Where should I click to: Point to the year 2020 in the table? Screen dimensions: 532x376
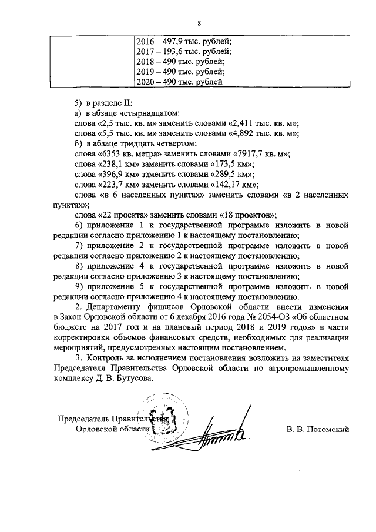point(145,82)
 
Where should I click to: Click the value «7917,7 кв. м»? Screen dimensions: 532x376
point(255,154)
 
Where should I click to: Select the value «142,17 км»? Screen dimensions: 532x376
point(225,185)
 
